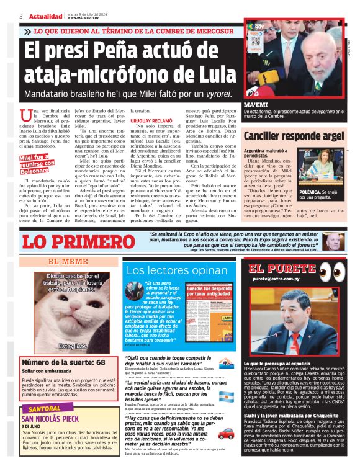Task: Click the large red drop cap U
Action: click(25, 116)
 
